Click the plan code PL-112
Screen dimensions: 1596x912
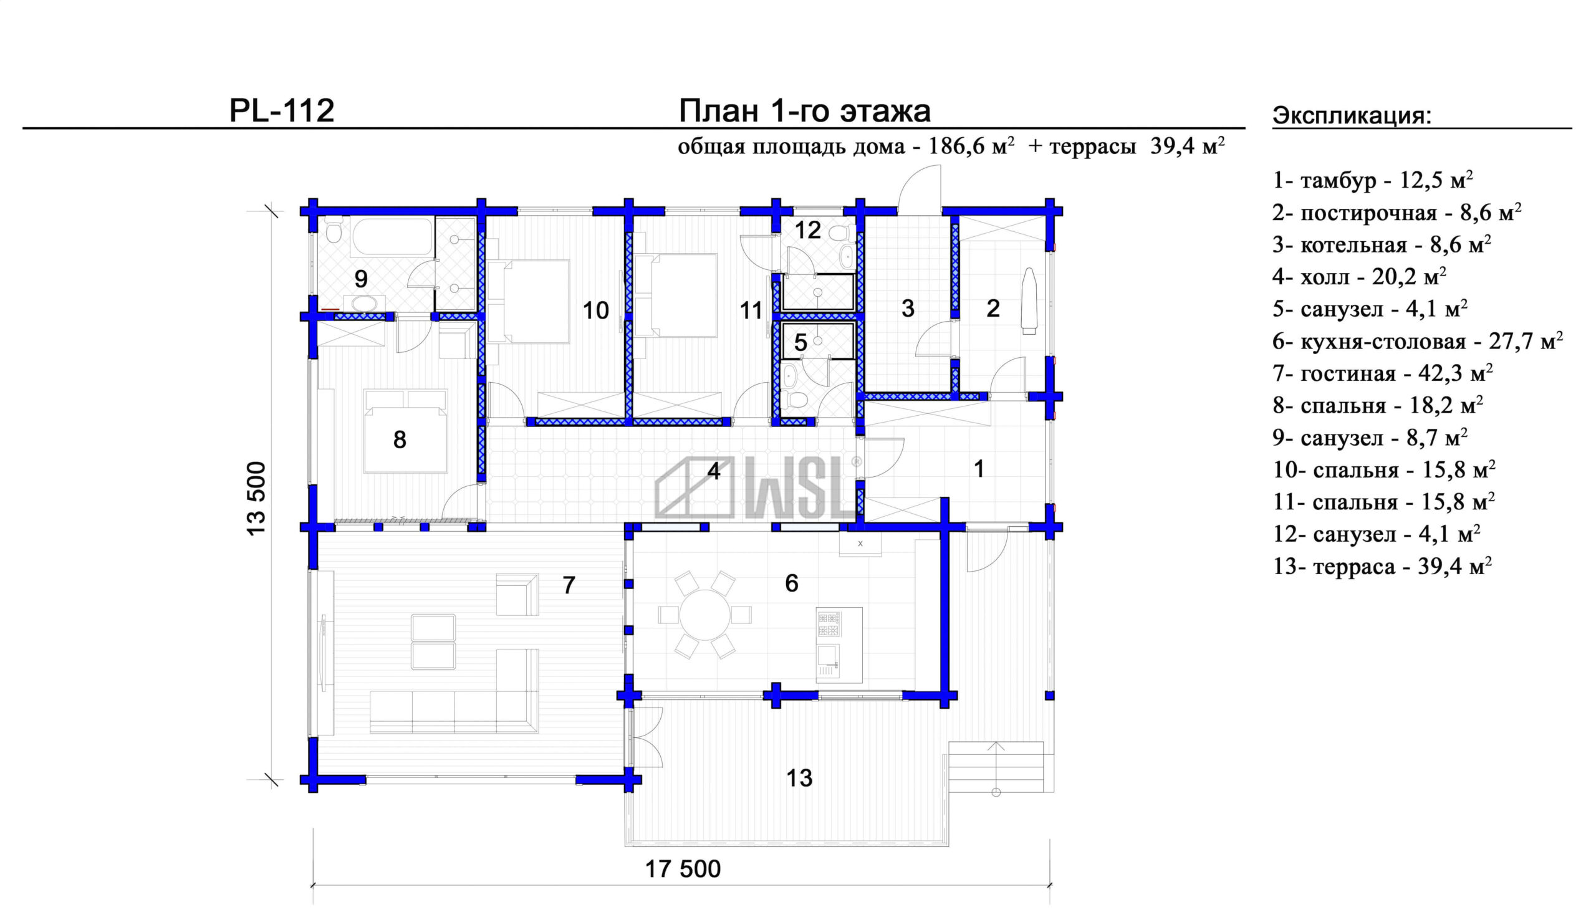click(x=282, y=110)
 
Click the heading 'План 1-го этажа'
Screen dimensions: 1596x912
click(x=804, y=111)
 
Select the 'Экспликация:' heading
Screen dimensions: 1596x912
click(x=1352, y=116)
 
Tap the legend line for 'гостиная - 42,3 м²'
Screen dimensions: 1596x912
click(x=1382, y=373)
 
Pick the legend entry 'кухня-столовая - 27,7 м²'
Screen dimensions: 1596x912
click(x=1418, y=341)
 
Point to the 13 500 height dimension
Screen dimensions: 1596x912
click(x=256, y=498)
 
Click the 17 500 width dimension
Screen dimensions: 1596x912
click(x=683, y=869)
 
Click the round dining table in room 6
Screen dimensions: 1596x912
click(x=704, y=615)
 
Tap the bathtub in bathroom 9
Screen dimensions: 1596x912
click(x=392, y=236)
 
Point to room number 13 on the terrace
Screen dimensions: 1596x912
click(x=799, y=778)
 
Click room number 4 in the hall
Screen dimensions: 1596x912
click(x=713, y=471)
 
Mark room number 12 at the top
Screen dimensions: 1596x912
click(x=808, y=231)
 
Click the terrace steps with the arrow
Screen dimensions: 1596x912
click(x=996, y=767)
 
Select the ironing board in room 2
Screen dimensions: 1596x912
click(x=1029, y=298)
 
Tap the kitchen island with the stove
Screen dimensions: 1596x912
click(x=839, y=645)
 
